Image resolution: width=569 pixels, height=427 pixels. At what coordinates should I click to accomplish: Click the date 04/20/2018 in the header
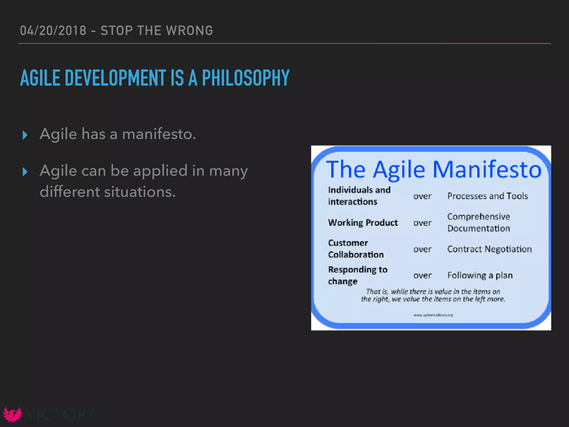coord(53,31)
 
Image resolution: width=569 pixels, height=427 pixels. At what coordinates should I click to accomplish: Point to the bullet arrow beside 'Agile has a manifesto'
coord(25,135)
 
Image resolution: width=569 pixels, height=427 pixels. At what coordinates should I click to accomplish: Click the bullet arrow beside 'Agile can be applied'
coord(25,172)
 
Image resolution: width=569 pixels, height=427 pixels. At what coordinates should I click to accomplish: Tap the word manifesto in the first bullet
coord(159,134)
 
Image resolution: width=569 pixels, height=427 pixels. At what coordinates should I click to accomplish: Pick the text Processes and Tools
coord(487,196)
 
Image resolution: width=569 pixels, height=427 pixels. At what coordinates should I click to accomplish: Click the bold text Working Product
coord(363,223)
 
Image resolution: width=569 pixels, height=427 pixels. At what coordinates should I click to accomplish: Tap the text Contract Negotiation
coord(489,249)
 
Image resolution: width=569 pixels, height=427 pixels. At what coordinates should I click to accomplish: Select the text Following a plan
coord(480,275)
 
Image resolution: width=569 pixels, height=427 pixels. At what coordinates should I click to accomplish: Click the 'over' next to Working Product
coord(422,223)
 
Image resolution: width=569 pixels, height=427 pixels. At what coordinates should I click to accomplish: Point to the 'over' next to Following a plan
coord(422,275)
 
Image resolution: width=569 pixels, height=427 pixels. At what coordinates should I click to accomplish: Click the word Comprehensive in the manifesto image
coord(478,217)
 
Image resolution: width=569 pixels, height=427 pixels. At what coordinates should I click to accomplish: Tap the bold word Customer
coord(348,243)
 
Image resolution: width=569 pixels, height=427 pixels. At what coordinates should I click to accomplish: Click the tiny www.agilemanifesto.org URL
coord(433,315)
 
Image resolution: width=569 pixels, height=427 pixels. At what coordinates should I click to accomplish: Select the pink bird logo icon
coord(12,414)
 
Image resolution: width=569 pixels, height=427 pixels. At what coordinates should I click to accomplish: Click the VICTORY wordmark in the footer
coord(61,414)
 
